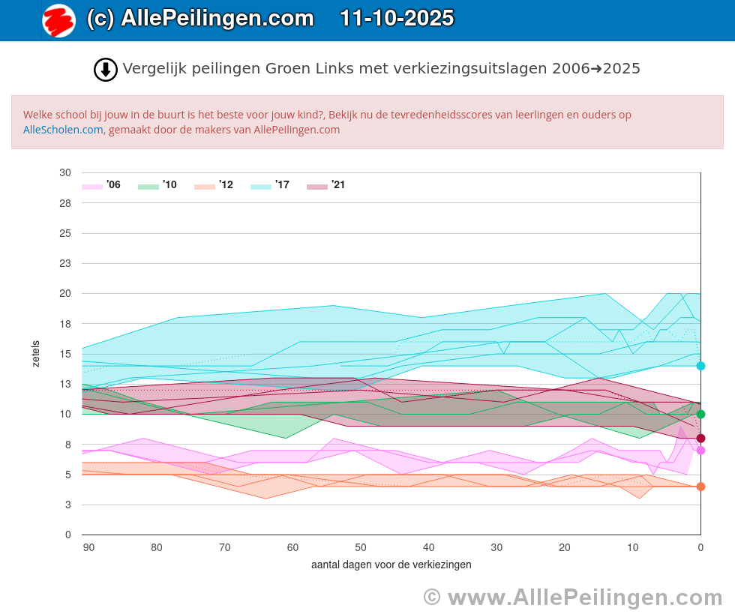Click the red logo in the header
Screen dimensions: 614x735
(58, 20)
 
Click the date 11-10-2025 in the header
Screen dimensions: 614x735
(397, 19)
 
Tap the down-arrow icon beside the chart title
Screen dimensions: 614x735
(106, 70)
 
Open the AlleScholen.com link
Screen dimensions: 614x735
(63, 130)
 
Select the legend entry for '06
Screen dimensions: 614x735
(101, 185)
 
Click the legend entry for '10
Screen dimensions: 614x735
(157, 185)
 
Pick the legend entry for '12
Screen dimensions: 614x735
(214, 185)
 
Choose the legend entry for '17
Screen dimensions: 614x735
(270, 185)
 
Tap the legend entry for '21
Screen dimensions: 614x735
(326, 185)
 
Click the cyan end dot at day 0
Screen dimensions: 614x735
(700, 366)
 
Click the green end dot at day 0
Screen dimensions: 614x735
(700, 414)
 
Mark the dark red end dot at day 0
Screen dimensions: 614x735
(700, 439)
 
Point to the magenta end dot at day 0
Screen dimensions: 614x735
(700, 451)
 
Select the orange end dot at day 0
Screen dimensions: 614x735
(700, 487)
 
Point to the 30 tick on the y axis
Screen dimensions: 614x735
(65, 172)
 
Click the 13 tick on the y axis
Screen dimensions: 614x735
(65, 384)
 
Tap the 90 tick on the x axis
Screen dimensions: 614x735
(88, 548)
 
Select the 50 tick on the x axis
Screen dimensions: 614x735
(361, 548)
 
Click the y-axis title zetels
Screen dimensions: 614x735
(36, 354)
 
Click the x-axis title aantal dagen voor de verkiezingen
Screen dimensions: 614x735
(391, 565)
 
